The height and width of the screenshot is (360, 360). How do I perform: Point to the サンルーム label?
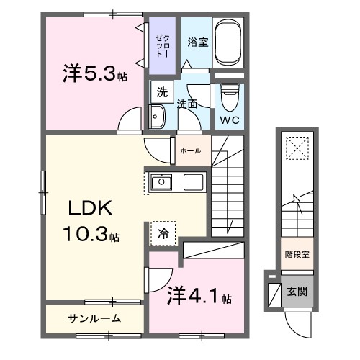95,318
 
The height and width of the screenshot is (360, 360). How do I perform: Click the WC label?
230,118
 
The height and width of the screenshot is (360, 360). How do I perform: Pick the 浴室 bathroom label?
197,42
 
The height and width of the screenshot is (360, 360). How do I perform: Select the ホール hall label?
191,150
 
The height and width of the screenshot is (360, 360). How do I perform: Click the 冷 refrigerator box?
163,232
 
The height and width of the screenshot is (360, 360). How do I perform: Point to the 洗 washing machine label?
163,92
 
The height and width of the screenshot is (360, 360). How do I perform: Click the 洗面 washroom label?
188,104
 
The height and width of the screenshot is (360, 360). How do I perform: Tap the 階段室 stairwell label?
297,253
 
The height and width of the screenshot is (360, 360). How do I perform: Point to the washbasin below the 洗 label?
158,115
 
